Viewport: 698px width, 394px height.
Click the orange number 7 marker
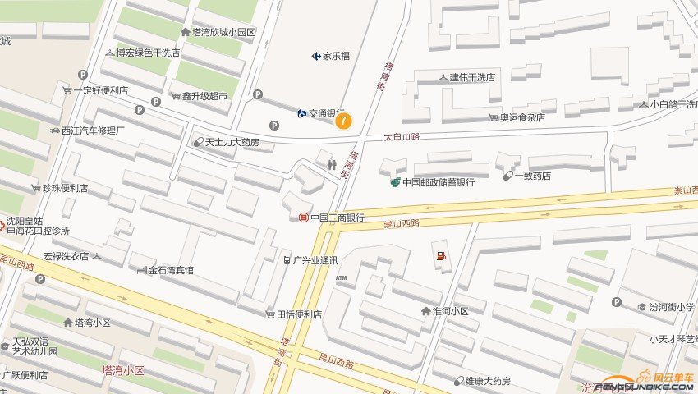[x=343, y=120]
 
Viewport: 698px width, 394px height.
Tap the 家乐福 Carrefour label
[x=336, y=57]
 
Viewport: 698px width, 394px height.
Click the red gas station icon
[x=442, y=257]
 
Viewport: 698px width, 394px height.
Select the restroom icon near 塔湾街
[x=332, y=163]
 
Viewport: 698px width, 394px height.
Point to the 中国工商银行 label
[x=337, y=218]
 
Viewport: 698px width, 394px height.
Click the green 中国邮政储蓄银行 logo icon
[x=396, y=181]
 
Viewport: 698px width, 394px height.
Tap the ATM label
[x=342, y=278]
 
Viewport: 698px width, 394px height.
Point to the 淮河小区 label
[x=450, y=311]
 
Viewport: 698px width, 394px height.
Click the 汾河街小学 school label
[x=672, y=307]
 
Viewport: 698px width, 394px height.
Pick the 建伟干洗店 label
[x=472, y=78]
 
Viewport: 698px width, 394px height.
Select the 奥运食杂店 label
[x=523, y=117]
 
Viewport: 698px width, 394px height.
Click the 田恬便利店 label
[x=299, y=314]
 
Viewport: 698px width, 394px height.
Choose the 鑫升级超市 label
[x=204, y=96]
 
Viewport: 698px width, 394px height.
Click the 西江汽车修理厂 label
[x=92, y=131]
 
